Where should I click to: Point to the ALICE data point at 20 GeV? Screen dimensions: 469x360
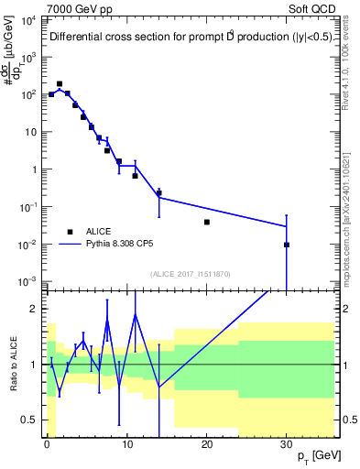[207, 222]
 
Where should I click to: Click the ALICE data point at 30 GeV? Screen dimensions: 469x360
[287, 245]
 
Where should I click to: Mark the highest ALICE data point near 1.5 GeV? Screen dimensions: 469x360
[60, 83]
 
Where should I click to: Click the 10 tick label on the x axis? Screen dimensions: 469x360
[126, 443]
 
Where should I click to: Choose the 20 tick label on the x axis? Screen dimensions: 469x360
[206, 443]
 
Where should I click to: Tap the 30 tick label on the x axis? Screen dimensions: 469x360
[286, 443]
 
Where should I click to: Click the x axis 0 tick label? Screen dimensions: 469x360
[47, 443]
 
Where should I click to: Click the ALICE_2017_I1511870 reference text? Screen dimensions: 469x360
[191, 274]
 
